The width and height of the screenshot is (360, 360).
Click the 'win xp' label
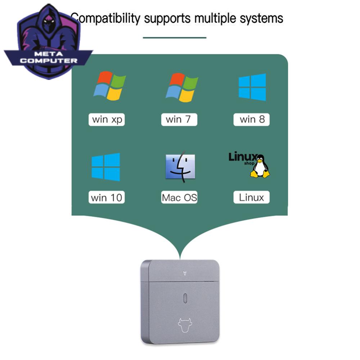(x=107, y=120)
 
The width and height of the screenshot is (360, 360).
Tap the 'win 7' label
(x=179, y=120)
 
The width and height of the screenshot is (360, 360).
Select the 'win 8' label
(x=251, y=120)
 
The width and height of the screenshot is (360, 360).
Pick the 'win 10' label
(x=107, y=197)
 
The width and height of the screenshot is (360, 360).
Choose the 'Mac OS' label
(x=179, y=197)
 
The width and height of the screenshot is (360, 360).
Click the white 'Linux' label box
(x=251, y=197)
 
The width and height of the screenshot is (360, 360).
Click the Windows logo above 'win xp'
(x=110, y=86)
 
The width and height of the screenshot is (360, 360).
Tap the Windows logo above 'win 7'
(x=182, y=87)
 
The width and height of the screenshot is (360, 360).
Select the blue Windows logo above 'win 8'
(x=252, y=87)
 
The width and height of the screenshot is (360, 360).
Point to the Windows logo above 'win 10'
(x=106, y=167)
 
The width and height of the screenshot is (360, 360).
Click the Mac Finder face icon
(x=180, y=167)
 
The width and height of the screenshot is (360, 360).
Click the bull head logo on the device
(x=185, y=325)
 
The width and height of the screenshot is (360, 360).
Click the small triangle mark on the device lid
(x=185, y=273)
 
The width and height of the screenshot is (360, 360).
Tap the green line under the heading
(x=175, y=38)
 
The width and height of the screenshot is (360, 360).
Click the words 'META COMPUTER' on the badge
(x=49, y=57)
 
